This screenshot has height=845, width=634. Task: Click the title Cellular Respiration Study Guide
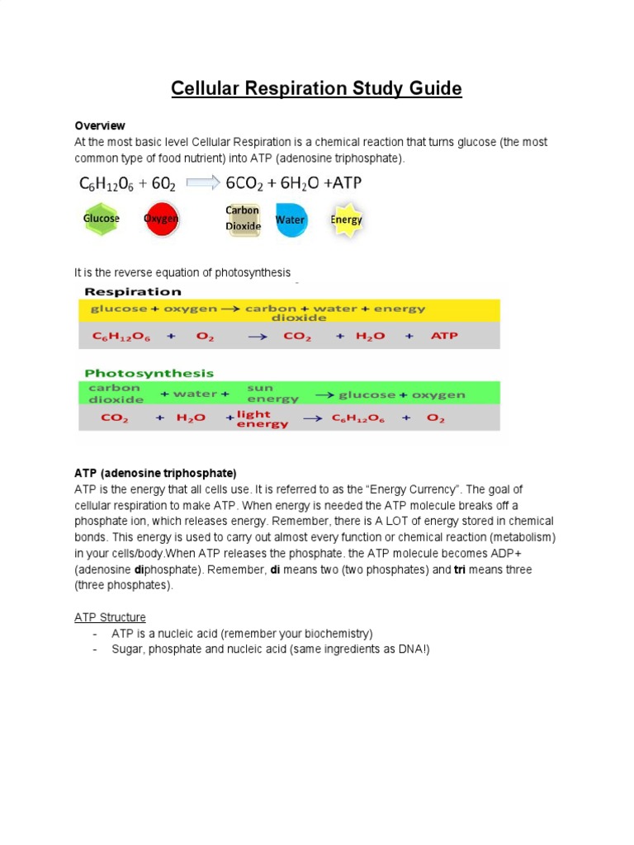(316, 88)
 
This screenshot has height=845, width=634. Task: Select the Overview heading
(100, 126)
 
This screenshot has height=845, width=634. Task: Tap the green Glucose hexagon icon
(101, 220)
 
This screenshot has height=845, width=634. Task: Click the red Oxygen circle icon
(161, 220)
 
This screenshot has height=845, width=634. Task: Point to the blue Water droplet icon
(290, 220)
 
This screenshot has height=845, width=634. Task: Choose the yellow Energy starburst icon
(346, 220)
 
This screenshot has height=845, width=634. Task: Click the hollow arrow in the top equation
(204, 183)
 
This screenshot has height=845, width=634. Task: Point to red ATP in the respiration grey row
(444, 337)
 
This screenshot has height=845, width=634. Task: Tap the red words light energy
(263, 419)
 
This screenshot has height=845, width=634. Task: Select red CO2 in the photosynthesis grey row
(114, 418)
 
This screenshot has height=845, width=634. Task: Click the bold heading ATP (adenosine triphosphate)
(155, 473)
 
